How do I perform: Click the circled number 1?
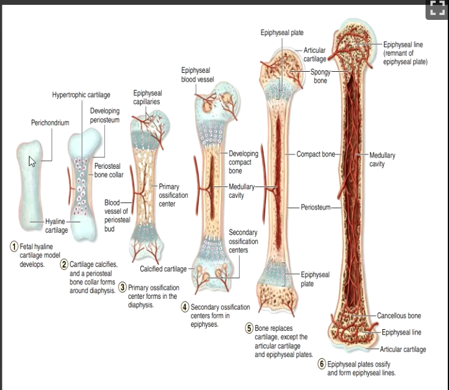(14, 247)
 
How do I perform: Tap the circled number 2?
(64, 264)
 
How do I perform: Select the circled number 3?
(123, 287)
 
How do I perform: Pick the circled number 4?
(185, 307)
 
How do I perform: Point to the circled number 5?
(249, 328)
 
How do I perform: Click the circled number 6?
(322, 364)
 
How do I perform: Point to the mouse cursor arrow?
(32, 162)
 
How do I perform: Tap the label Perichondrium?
(50, 123)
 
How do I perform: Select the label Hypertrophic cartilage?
(81, 95)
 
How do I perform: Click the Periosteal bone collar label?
(109, 171)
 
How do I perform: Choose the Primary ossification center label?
(173, 195)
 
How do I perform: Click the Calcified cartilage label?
(163, 269)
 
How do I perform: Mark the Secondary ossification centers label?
(243, 241)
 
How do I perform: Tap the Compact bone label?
(315, 154)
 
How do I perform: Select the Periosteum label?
(315, 207)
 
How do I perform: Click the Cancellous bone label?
(399, 316)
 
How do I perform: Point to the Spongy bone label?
(320, 77)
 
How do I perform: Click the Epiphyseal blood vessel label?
(197, 75)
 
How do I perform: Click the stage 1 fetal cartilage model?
(29, 186)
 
